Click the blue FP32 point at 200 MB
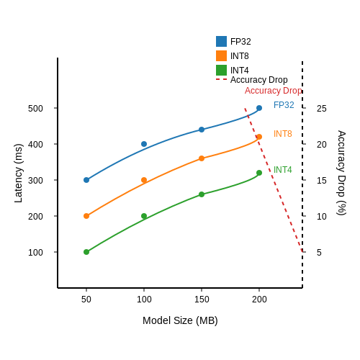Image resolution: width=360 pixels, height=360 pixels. pos(259,108)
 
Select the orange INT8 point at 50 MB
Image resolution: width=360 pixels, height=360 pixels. pos(86,216)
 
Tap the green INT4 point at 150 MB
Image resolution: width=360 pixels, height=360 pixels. pos(202,194)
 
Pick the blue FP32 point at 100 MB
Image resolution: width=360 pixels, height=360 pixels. pos(144,144)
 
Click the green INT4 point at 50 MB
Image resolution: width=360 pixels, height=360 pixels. pos(86,252)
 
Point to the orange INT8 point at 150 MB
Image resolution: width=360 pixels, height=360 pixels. pos(202,158)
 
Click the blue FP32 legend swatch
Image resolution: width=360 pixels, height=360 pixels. pos(221,41)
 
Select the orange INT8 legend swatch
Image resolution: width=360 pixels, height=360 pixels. pos(221,55)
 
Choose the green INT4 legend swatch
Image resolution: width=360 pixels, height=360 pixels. pos(221,70)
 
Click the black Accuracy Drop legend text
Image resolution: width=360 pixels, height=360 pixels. pos(259,80)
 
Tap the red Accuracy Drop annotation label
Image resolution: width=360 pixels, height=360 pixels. pos(273,91)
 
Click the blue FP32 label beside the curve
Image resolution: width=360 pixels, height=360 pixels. pos(284,105)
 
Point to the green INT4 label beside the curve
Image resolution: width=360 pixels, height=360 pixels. pos(283,170)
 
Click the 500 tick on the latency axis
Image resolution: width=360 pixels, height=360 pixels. pos(35,109)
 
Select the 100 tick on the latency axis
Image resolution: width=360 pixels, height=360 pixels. pos(35,253)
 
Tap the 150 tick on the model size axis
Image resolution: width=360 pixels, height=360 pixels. pos(202,300)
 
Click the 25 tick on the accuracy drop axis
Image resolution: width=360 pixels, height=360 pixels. pos(322,109)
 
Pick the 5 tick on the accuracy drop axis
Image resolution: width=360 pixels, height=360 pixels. pos(319,253)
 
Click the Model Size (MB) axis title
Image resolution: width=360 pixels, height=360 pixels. pos(180,320)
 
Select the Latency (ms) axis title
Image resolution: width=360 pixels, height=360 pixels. pos(19,174)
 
